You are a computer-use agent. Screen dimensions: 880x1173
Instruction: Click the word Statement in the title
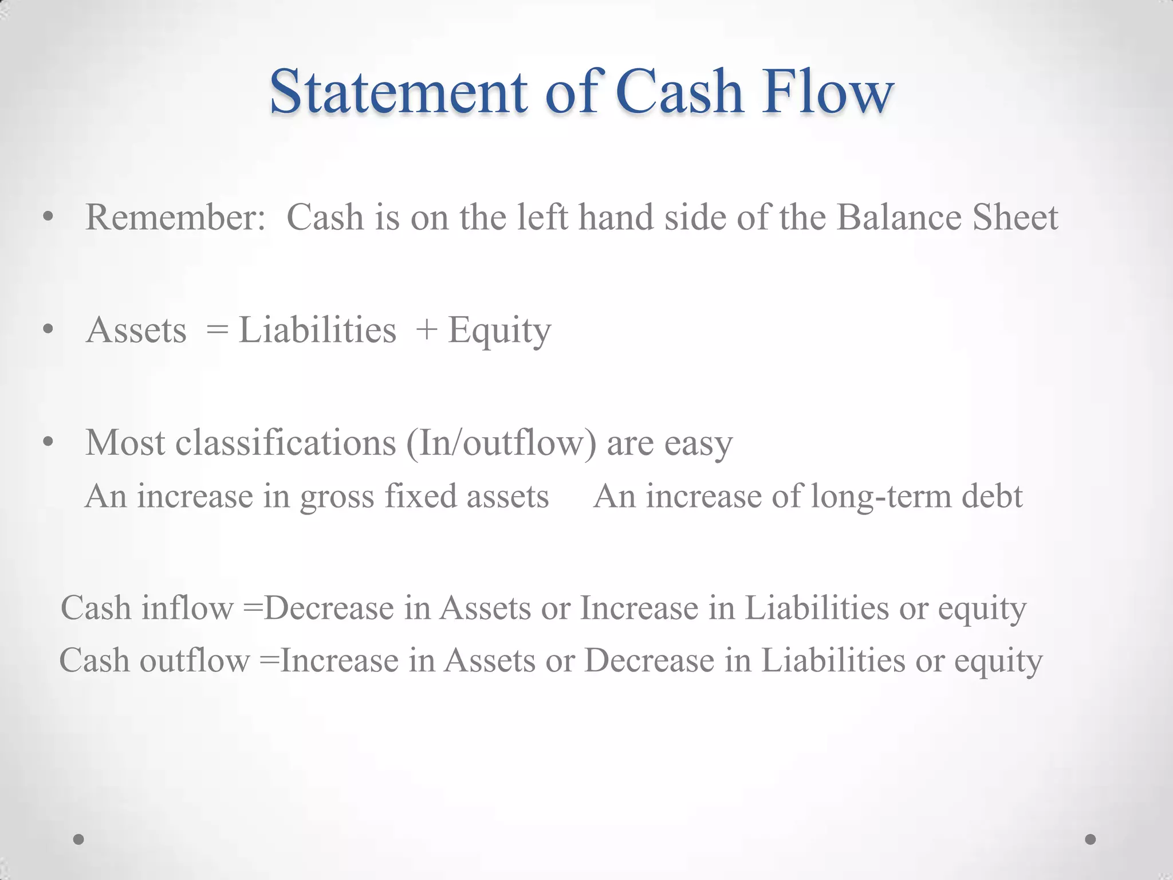click(398, 92)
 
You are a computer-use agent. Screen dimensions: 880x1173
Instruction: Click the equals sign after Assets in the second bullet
click(217, 331)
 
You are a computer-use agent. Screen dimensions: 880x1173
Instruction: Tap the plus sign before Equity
click(427, 331)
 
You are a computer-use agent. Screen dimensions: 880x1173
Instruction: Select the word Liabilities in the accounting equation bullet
click(317, 331)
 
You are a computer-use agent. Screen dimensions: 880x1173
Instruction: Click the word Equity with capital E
click(499, 331)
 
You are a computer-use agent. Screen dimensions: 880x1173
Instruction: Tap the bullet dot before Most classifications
click(48, 442)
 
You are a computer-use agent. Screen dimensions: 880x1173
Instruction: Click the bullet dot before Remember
click(48, 217)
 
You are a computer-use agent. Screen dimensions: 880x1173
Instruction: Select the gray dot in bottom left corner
click(79, 839)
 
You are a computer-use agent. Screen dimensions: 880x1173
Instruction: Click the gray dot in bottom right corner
click(1091, 839)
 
